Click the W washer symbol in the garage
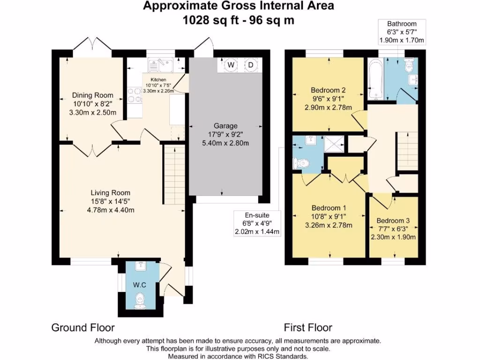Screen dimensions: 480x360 (x=231, y=65)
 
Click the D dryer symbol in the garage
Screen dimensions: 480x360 (x=251, y=65)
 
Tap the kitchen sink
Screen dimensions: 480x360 (x=160, y=65)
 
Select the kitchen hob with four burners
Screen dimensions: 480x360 (x=135, y=95)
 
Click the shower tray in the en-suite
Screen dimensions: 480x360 (x=334, y=143)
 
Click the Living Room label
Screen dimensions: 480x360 (x=111, y=193)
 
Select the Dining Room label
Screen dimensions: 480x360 (x=93, y=95)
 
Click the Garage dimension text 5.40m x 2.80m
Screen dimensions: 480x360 (x=225, y=143)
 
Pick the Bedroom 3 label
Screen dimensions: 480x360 (x=393, y=221)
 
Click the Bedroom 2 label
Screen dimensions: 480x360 (x=328, y=90)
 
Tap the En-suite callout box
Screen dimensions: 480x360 (x=257, y=224)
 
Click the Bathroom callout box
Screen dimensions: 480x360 (x=402, y=32)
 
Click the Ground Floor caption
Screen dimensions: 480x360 (x=83, y=328)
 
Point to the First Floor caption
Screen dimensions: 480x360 (x=308, y=328)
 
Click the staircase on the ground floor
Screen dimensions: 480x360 (x=174, y=174)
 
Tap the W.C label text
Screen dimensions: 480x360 (x=140, y=285)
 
